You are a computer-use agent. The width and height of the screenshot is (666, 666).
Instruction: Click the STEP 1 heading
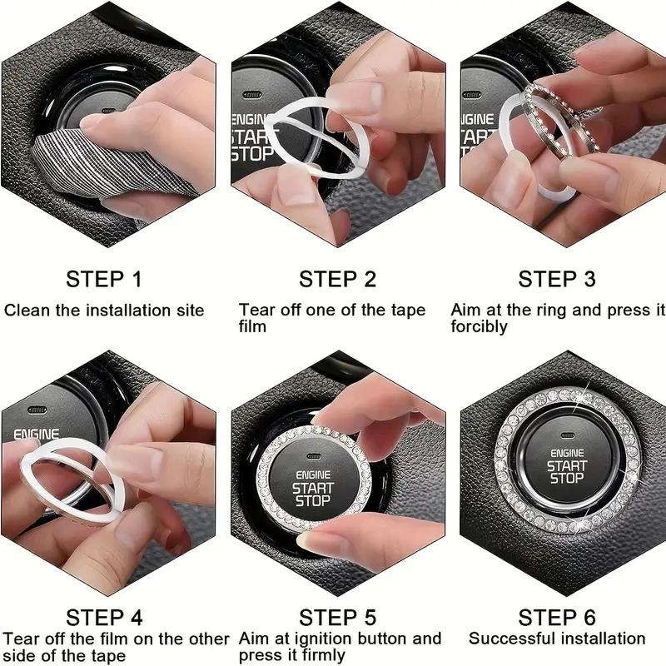click(x=103, y=280)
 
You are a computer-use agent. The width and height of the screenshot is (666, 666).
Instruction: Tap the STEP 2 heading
click(x=338, y=280)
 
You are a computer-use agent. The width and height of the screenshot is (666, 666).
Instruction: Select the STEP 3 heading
click(x=557, y=280)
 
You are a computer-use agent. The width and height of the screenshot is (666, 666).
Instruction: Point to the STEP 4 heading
click(x=105, y=618)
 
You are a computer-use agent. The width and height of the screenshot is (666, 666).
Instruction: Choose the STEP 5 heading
click(x=338, y=618)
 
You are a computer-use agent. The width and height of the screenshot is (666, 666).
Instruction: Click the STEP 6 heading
click(x=557, y=618)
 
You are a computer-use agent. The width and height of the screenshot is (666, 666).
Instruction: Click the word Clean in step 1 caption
click(x=27, y=310)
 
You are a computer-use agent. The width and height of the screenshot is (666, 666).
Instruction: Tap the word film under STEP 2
click(x=252, y=326)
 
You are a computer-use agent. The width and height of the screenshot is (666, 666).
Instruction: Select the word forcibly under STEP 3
click(x=480, y=326)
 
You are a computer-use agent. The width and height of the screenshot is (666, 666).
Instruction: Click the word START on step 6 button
click(x=567, y=466)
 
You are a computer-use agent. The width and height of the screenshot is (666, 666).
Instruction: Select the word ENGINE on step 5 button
click(x=313, y=475)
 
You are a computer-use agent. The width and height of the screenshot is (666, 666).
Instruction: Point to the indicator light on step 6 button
click(x=568, y=435)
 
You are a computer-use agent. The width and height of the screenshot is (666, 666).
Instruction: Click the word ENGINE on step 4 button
click(x=36, y=435)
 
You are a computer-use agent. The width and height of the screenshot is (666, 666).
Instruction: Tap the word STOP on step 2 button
click(x=252, y=154)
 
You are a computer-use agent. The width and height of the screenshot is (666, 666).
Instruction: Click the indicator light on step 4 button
click(x=37, y=410)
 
